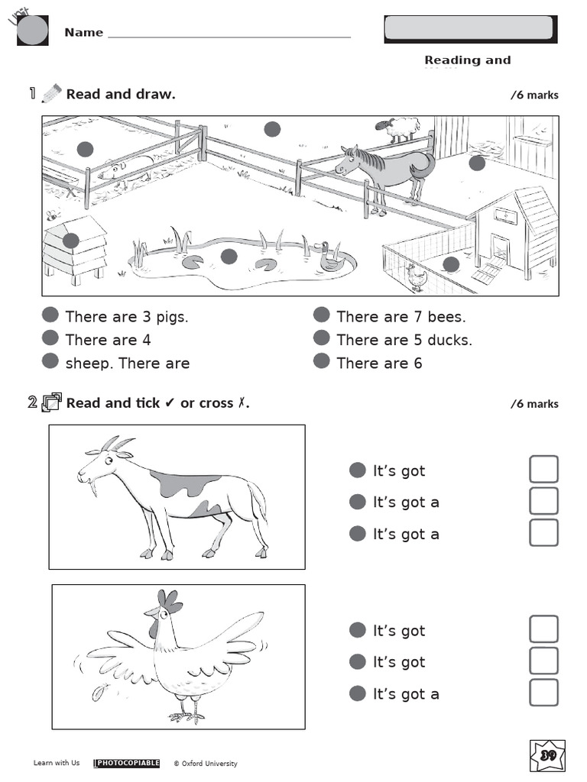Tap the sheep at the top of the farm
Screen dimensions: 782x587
click(x=401, y=128)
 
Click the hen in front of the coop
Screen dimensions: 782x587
click(x=417, y=277)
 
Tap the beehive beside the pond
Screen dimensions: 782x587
click(x=73, y=247)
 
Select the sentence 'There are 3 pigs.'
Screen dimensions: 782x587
click(x=126, y=317)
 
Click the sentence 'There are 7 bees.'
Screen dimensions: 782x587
click(x=401, y=317)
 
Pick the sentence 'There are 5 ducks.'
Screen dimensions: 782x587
click(x=404, y=340)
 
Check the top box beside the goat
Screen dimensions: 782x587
click(x=543, y=470)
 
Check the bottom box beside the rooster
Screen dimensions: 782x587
click(x=543, y=692)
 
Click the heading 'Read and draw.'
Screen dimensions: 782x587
click(x=121, y=95)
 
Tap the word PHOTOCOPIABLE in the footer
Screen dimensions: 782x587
click(x=127, y=763)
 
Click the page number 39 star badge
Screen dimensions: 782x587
click(x=547, y=755)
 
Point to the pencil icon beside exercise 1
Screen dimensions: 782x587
click(x=52, y=94)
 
